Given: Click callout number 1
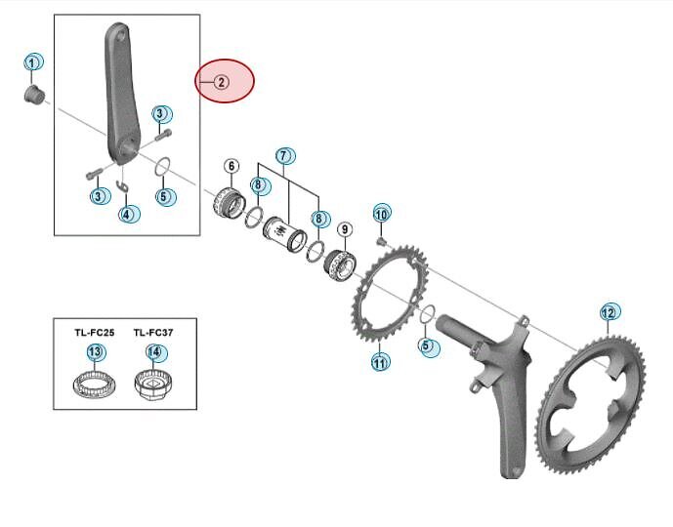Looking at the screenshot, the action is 32,63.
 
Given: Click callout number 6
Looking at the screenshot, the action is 231,166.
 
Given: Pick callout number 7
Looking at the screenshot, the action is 284,155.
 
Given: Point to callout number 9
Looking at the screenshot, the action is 345,229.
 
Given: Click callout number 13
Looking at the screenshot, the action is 96,352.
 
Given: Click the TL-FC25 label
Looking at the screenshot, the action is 95,333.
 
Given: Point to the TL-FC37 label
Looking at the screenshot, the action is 153,333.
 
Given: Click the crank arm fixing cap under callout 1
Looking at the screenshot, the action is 33,95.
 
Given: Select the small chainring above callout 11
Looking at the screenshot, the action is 390,293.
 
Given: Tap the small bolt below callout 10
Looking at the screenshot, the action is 381,242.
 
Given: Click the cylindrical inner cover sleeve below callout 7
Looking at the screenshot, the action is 284,233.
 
